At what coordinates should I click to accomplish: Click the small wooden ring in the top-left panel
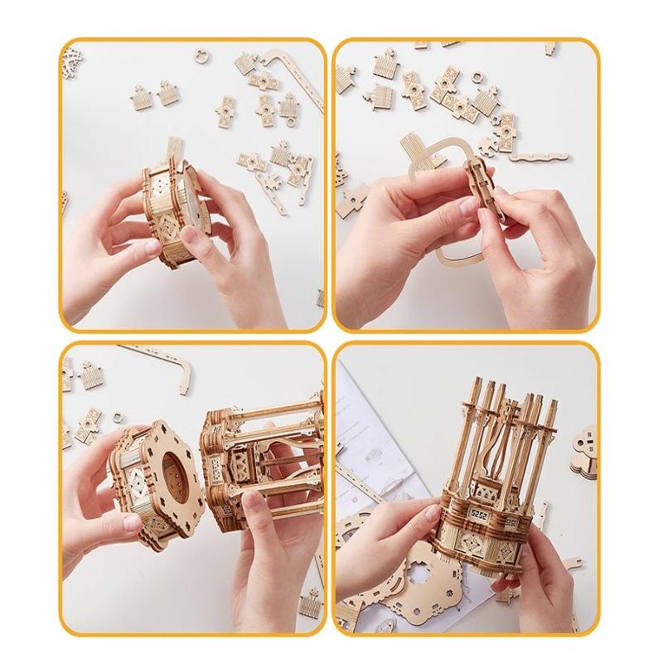click(200, 56)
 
